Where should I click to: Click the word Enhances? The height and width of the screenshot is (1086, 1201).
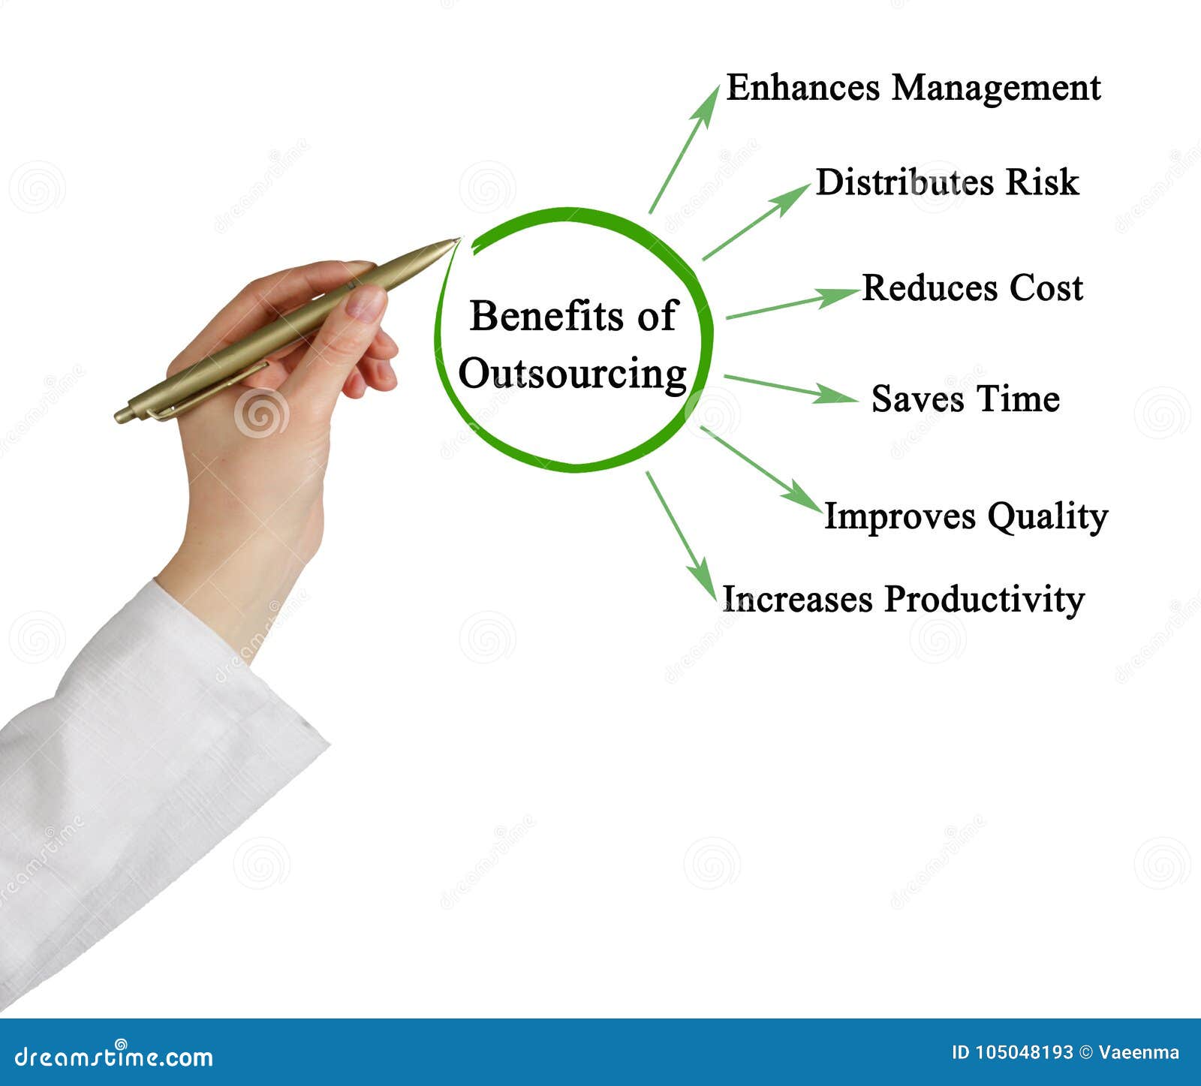(802, 88)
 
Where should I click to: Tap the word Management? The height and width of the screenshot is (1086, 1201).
(995, 89)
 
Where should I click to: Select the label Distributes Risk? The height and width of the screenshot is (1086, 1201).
(947, 182)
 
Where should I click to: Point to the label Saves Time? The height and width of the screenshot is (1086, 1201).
(965, 399)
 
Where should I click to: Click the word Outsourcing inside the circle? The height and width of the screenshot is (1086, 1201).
(572, 374)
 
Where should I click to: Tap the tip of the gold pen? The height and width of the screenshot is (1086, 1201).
(455, 241)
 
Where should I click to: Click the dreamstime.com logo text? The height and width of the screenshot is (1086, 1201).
(114, 1057)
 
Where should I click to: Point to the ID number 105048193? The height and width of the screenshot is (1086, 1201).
(1025, 1052)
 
